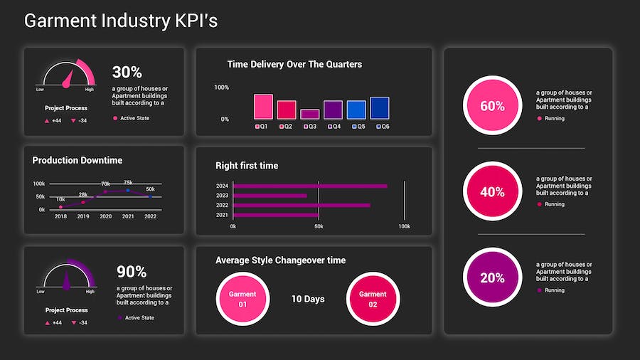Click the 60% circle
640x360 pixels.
click(x=492, y=106)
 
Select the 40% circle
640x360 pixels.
click(x=492, y=192)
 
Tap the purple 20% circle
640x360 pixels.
click(x=492, y=278)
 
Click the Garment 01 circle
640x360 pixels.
click(x=242, y=299)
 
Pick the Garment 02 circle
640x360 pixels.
click(x=373, y=299)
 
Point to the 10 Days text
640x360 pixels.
click(x=308, y=299)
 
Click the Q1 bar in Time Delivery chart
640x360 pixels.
click(x=263, y=107)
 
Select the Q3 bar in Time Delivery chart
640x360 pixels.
click(x=309, y=114)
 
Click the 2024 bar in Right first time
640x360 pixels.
click(x=310, y=186)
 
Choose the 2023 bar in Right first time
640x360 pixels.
click(x=270, y=196)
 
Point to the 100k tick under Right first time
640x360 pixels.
click(x=404, y=226)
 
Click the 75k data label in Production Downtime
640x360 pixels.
click(x=128, y=183)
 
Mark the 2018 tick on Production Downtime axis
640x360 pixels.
click(x=60, y=216)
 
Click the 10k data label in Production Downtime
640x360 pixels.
click(x=60, y=199)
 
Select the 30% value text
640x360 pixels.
click(x=127, y=72)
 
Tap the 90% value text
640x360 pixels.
click(x=132, y=272)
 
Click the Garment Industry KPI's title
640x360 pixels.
click(x=121, y=21)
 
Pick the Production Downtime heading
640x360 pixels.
click(x=78, y=160)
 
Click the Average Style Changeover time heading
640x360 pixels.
click(x=280, y=260)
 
